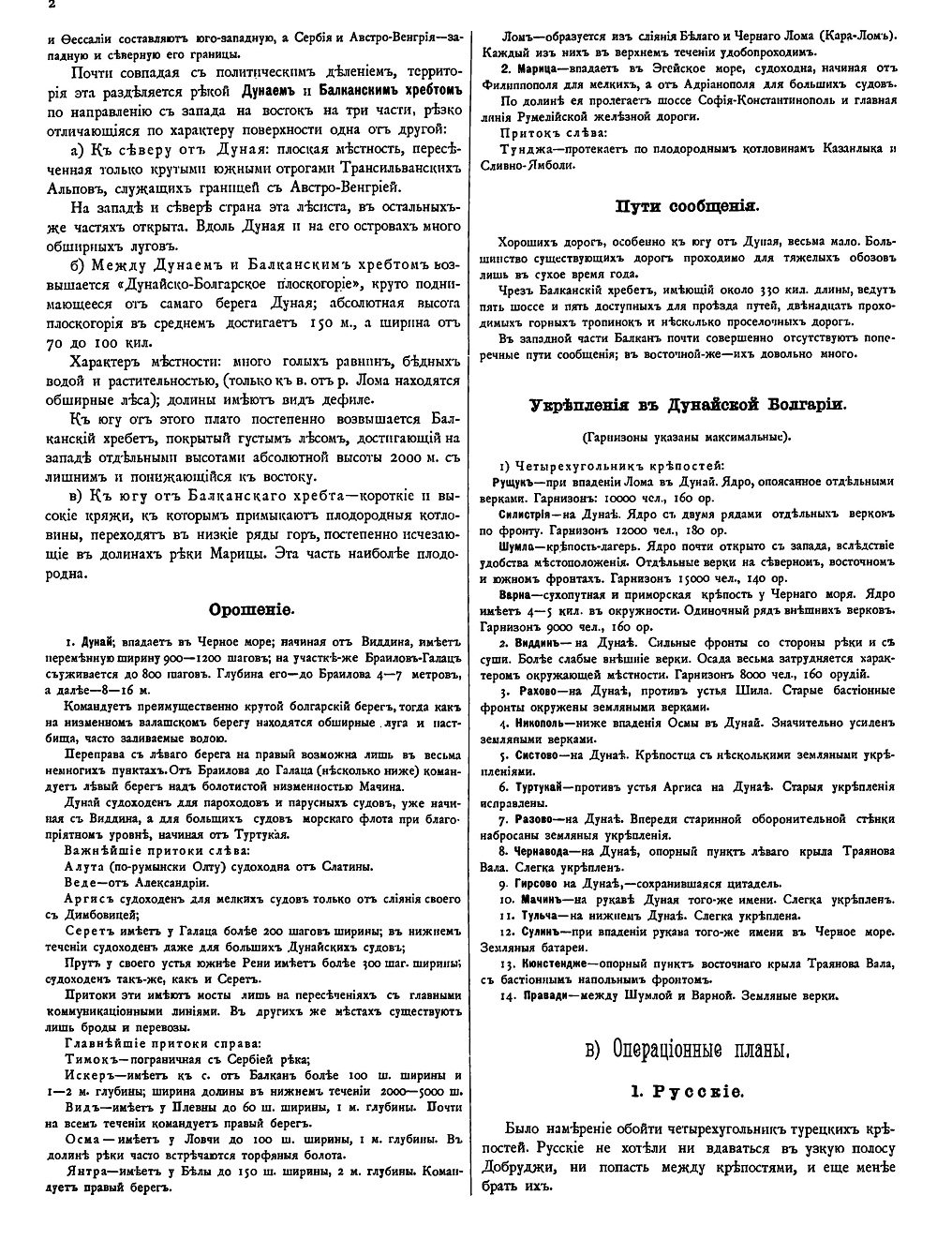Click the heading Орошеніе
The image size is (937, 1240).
(250, 607)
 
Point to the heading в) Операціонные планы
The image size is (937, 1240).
(687, 1051)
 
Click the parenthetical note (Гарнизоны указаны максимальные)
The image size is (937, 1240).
(686, 436)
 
